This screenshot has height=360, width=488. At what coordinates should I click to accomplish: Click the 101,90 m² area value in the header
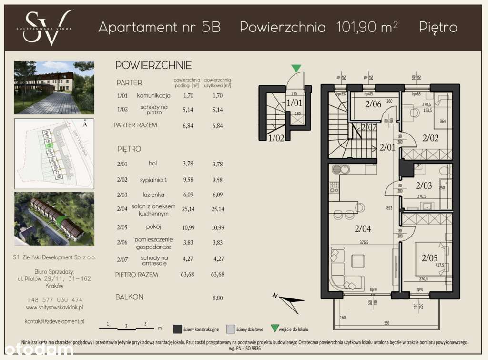[x=367, y=27]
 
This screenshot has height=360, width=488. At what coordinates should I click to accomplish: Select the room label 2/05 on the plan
[x=430, y=259]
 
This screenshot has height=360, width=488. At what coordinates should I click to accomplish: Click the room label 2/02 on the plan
[x=430, y=138]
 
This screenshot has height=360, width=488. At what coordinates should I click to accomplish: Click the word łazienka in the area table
[x=152, y=195]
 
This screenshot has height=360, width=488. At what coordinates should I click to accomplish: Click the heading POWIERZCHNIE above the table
[x=153, y=65]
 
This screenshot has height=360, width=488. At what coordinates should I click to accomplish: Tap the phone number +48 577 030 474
[x=54, y=299]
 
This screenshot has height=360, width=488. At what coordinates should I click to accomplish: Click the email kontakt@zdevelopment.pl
[x=54, y=321]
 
